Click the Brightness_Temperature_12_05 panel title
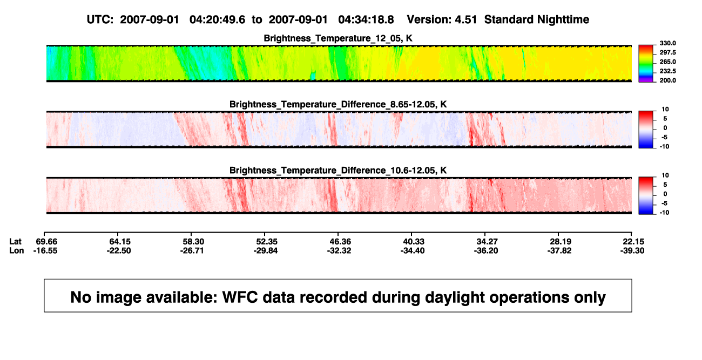pos(338,38)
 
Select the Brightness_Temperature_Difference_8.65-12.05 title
pos(338,104)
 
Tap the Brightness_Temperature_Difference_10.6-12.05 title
pos(338,171)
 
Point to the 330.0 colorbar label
pos(667,43)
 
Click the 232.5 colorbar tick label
pos(667,71)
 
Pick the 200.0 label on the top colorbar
pos(667,80)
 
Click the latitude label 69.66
pos(46,242)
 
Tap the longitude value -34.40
pos(413,250)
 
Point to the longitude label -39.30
pos(632,250)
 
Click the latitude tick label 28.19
pos(561,242)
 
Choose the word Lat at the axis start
pos(15,242)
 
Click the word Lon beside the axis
pos(17,250)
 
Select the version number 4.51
pos(466,20)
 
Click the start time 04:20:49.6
pos(218,20)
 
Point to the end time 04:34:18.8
pos(366,20)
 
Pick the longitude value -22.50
pos(119,250)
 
